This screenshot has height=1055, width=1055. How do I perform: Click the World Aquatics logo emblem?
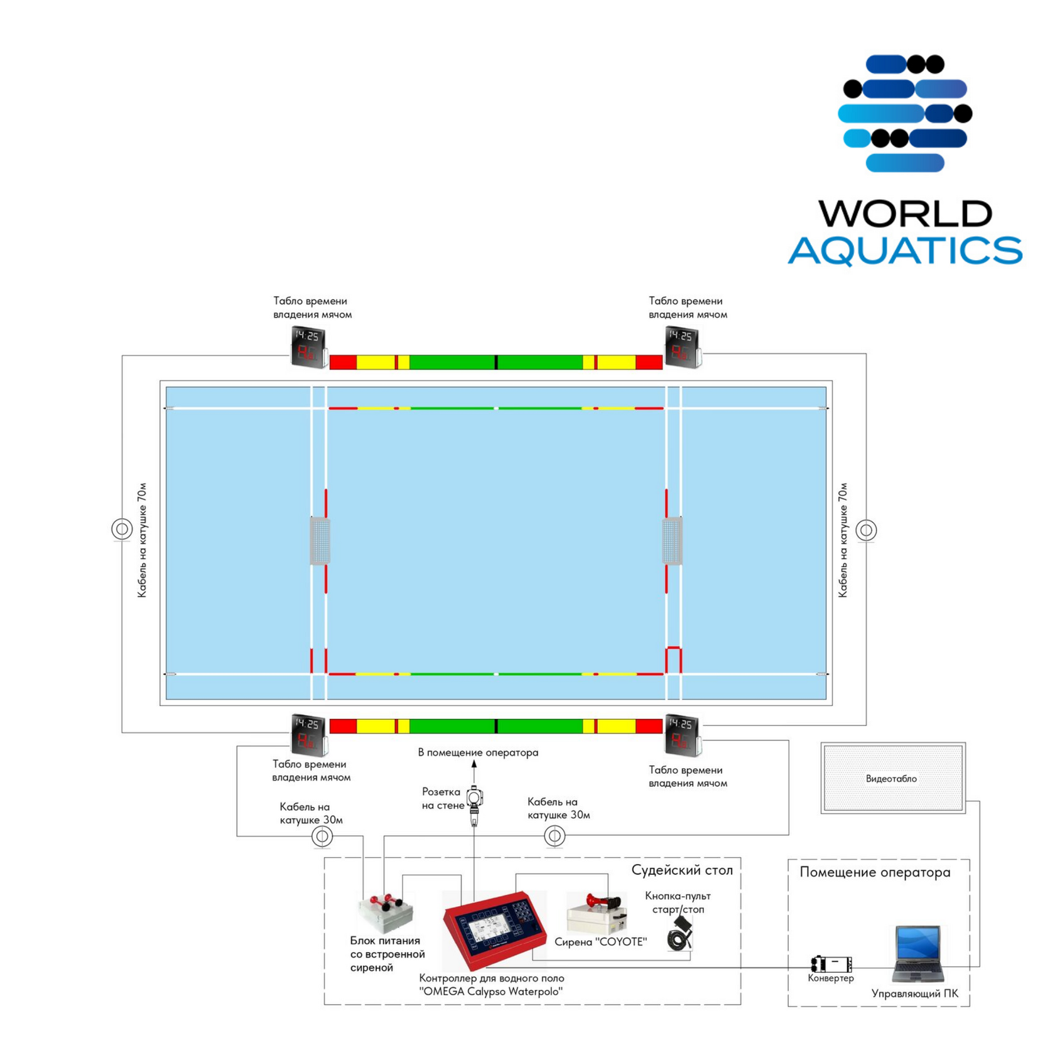[905, 113]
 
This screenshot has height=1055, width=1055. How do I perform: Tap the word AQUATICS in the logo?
[905, 251]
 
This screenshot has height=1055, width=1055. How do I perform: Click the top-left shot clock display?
[309, 347]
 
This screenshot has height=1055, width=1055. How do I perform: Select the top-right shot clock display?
[683, 347]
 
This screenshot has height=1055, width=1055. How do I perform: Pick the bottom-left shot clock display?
[309, 735]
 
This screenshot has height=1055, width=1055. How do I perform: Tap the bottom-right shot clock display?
[683, 735]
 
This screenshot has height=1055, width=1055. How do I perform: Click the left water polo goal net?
[320, 541]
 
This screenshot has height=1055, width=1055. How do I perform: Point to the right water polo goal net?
[672, 541]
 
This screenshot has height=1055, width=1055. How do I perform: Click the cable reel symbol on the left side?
[122, 529]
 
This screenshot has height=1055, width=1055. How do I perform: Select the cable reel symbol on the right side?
[866, 530]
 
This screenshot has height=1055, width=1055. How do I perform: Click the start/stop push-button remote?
[680, 933]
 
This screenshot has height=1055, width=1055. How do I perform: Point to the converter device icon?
[831, 963]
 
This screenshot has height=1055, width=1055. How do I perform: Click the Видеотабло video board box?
[893, 778]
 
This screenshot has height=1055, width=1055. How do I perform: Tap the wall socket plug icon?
[475, 806]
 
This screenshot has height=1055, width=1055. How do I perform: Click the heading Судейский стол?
[682, 870]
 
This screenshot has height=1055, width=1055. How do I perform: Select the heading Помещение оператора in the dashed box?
[875, 872]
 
